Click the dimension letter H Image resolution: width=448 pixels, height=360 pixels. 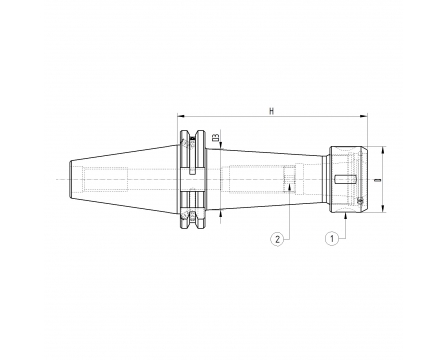pos(272,111)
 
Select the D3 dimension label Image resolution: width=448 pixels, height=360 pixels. pos(216,137)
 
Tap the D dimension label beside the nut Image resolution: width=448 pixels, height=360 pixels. pos(377,180)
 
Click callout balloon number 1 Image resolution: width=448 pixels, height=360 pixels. pos(332,238)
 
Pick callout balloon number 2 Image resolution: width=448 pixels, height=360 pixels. pos(277,238)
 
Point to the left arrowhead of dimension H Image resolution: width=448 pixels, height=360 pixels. pos(180,116)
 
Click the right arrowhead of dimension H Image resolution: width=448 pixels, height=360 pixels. pos(364,116)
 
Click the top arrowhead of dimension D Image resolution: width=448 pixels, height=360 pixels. pos(383,150)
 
